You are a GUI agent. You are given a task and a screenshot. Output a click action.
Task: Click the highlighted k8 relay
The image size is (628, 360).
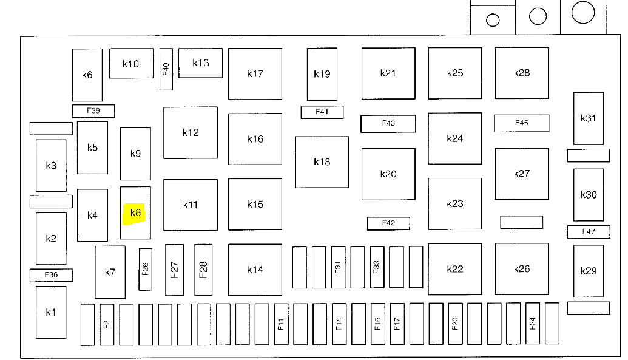pos(135,213)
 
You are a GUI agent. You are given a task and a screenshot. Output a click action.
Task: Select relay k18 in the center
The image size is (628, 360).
pos(322,162)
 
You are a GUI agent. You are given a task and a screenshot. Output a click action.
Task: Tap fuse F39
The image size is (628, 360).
pos(93,111)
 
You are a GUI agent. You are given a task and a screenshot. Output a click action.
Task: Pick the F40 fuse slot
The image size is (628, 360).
pos(166,69)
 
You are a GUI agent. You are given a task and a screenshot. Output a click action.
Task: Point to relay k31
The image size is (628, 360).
pos(589,118)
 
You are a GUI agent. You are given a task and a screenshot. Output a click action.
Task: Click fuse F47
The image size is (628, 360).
pos(589,231)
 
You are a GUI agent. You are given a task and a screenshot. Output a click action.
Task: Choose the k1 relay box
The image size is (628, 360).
pos(51,312)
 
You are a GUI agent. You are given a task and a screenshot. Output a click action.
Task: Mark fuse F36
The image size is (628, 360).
pos(51,275)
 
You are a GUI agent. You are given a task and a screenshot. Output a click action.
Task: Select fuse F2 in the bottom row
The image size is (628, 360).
pos(107,324)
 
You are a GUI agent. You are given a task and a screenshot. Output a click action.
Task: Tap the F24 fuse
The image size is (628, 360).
pos(533,324)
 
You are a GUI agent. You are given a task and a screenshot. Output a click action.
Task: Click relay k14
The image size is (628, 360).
pos(255,270)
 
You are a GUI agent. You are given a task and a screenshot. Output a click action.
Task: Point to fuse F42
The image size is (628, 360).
pos(388,223)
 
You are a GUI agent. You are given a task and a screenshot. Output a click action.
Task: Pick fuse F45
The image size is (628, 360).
pos(522,123)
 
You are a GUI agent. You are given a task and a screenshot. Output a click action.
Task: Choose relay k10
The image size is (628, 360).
pos(131,64)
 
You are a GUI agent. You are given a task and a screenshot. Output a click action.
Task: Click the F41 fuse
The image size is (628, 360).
pos(322,112)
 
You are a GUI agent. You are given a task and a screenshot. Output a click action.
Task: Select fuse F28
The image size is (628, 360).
pos(203,270)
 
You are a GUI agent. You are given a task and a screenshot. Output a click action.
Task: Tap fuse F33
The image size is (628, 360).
pos(377,267)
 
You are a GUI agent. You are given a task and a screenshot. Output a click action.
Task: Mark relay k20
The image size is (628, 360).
pos(388,174)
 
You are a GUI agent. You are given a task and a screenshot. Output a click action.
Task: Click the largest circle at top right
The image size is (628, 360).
pos(583,12)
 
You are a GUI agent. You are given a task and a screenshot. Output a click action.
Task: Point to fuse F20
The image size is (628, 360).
pos(454,324)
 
